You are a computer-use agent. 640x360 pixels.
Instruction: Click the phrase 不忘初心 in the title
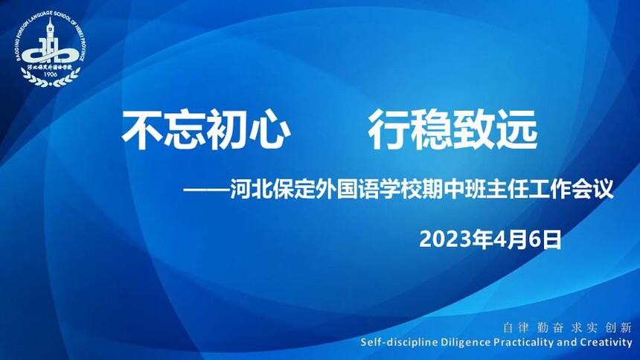tap(206, 130)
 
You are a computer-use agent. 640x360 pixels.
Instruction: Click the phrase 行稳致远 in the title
tap(452, 130)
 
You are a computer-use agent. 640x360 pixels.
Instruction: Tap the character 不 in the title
tap(141, 130)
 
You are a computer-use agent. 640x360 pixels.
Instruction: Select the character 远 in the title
tap(516, 130)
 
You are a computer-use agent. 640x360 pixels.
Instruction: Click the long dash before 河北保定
tap(206, 190)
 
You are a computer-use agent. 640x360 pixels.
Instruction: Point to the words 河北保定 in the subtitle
tap(272, 190)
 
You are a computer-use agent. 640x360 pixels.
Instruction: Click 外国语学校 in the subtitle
tap(368, 190)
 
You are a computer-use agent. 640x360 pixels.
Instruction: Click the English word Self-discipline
tap(399, 342)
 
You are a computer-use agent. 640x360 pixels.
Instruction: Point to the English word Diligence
tap(465, 342)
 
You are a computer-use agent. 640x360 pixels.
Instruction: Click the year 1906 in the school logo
tap(50, 74)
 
